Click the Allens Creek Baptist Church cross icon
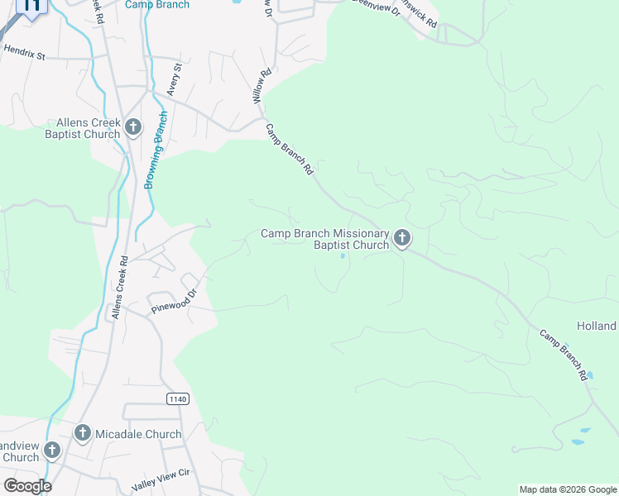pos(132,128)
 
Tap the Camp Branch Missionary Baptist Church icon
pos(402,239)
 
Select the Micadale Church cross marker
pos(82,433)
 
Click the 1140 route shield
pos(177,398)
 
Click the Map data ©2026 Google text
pos(568,489)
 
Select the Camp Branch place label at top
pos(157,5)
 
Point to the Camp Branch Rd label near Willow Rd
pos(289,149)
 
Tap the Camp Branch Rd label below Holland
pos(564,355)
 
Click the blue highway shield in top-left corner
pos(31,7)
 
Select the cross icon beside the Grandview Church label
pos(52,450)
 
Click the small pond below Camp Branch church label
pos(343,255)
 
